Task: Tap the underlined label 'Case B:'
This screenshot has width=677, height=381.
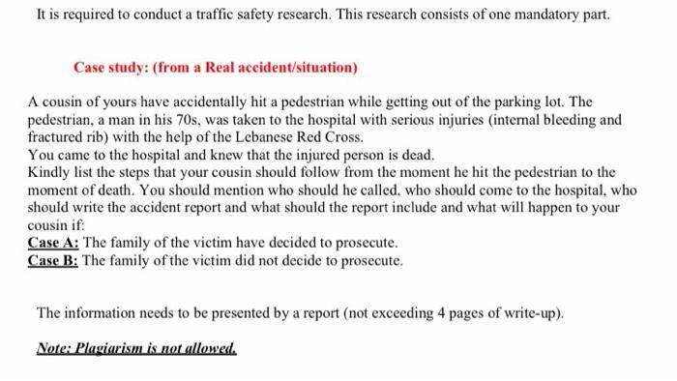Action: point(54,259)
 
